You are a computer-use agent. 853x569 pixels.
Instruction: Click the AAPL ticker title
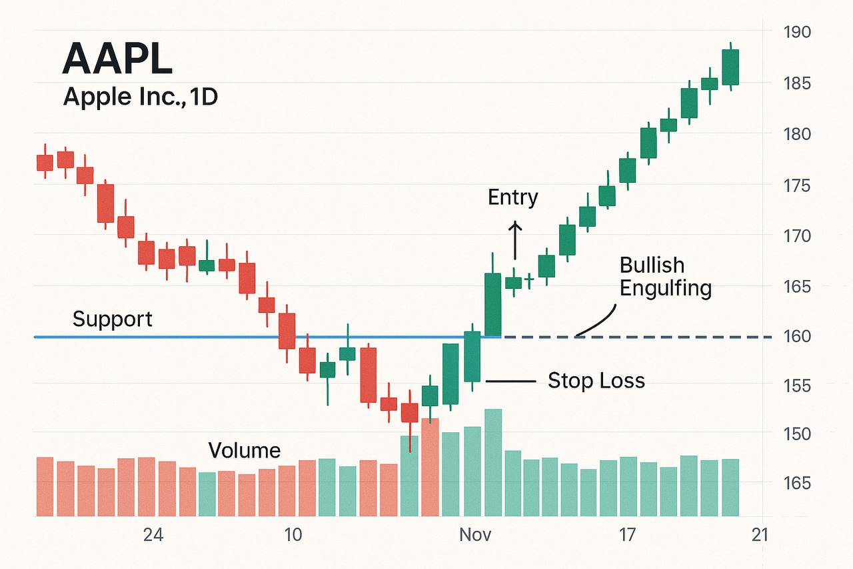click(117, 59)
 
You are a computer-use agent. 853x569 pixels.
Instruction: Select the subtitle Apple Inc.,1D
click(141, 98)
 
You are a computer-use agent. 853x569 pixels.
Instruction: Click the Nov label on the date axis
click(475, 535)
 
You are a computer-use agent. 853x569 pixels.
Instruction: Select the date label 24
click(153, 535)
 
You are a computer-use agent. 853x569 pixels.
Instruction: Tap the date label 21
click(759, 535)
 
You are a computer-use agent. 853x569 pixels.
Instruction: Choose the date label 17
click(627, 535)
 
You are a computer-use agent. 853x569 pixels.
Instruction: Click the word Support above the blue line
click(112, 319)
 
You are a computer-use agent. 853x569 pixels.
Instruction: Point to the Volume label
click(244, 450)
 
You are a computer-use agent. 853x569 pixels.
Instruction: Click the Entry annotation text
click(512, 197)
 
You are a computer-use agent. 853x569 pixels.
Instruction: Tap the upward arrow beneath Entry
click(515, 240)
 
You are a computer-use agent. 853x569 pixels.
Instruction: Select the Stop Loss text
click(596, 381)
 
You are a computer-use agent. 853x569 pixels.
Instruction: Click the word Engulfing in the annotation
click(665, 288)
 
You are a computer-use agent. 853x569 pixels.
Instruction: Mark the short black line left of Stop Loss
click(511, 381)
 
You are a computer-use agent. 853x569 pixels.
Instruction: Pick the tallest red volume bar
click(430, 467)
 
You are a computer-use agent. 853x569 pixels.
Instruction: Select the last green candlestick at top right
click(730, 67)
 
